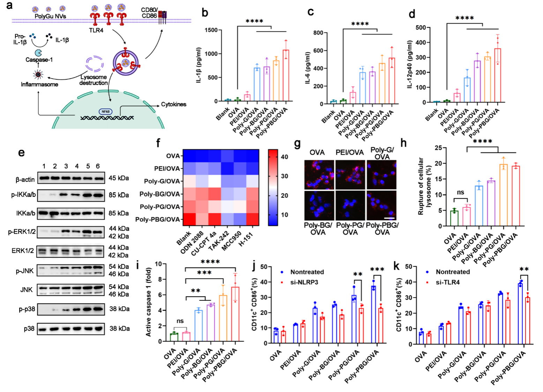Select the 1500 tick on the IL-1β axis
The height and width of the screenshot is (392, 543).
point(211,30)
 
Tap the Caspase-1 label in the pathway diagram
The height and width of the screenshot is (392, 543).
point(39,60)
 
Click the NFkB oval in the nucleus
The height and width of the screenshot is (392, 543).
point(105,112)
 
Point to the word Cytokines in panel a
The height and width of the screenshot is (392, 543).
point(173,104)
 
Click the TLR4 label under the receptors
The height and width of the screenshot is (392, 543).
point(96,30)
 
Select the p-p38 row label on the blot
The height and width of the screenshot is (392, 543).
point(27,309)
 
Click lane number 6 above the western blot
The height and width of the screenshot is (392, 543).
point(98,166)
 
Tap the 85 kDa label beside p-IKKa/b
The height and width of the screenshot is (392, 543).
point(119,195)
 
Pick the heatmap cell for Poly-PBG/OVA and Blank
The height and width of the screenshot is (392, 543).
point(189,220)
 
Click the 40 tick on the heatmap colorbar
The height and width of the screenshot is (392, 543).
point(284,157)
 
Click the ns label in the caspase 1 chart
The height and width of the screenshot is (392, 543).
point(180,321)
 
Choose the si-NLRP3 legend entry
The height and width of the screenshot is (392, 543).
point(304,282)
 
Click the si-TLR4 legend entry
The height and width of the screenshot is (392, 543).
point(447,282)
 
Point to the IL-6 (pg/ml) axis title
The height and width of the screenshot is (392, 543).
point(307,68)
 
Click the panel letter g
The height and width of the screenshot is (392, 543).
point(297,144)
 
